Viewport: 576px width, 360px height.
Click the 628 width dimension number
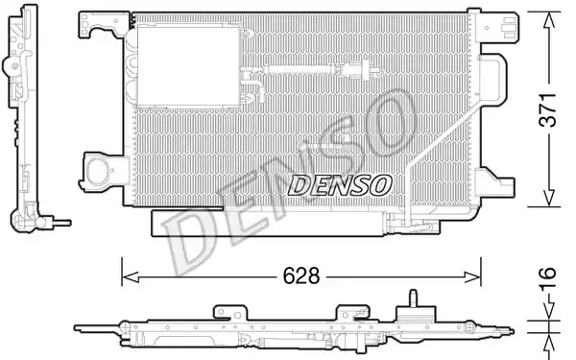301,276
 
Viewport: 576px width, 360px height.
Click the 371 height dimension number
548,109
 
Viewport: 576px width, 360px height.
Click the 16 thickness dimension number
547,279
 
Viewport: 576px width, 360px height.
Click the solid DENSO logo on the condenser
340,184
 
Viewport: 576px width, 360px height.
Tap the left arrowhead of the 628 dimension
130,277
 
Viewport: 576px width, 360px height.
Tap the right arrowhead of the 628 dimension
472,277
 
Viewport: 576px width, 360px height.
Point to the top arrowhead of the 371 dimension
549,20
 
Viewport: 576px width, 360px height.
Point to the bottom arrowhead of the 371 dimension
549,198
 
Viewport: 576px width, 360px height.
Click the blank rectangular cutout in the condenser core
188,66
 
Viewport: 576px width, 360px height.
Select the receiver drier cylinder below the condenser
268,224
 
